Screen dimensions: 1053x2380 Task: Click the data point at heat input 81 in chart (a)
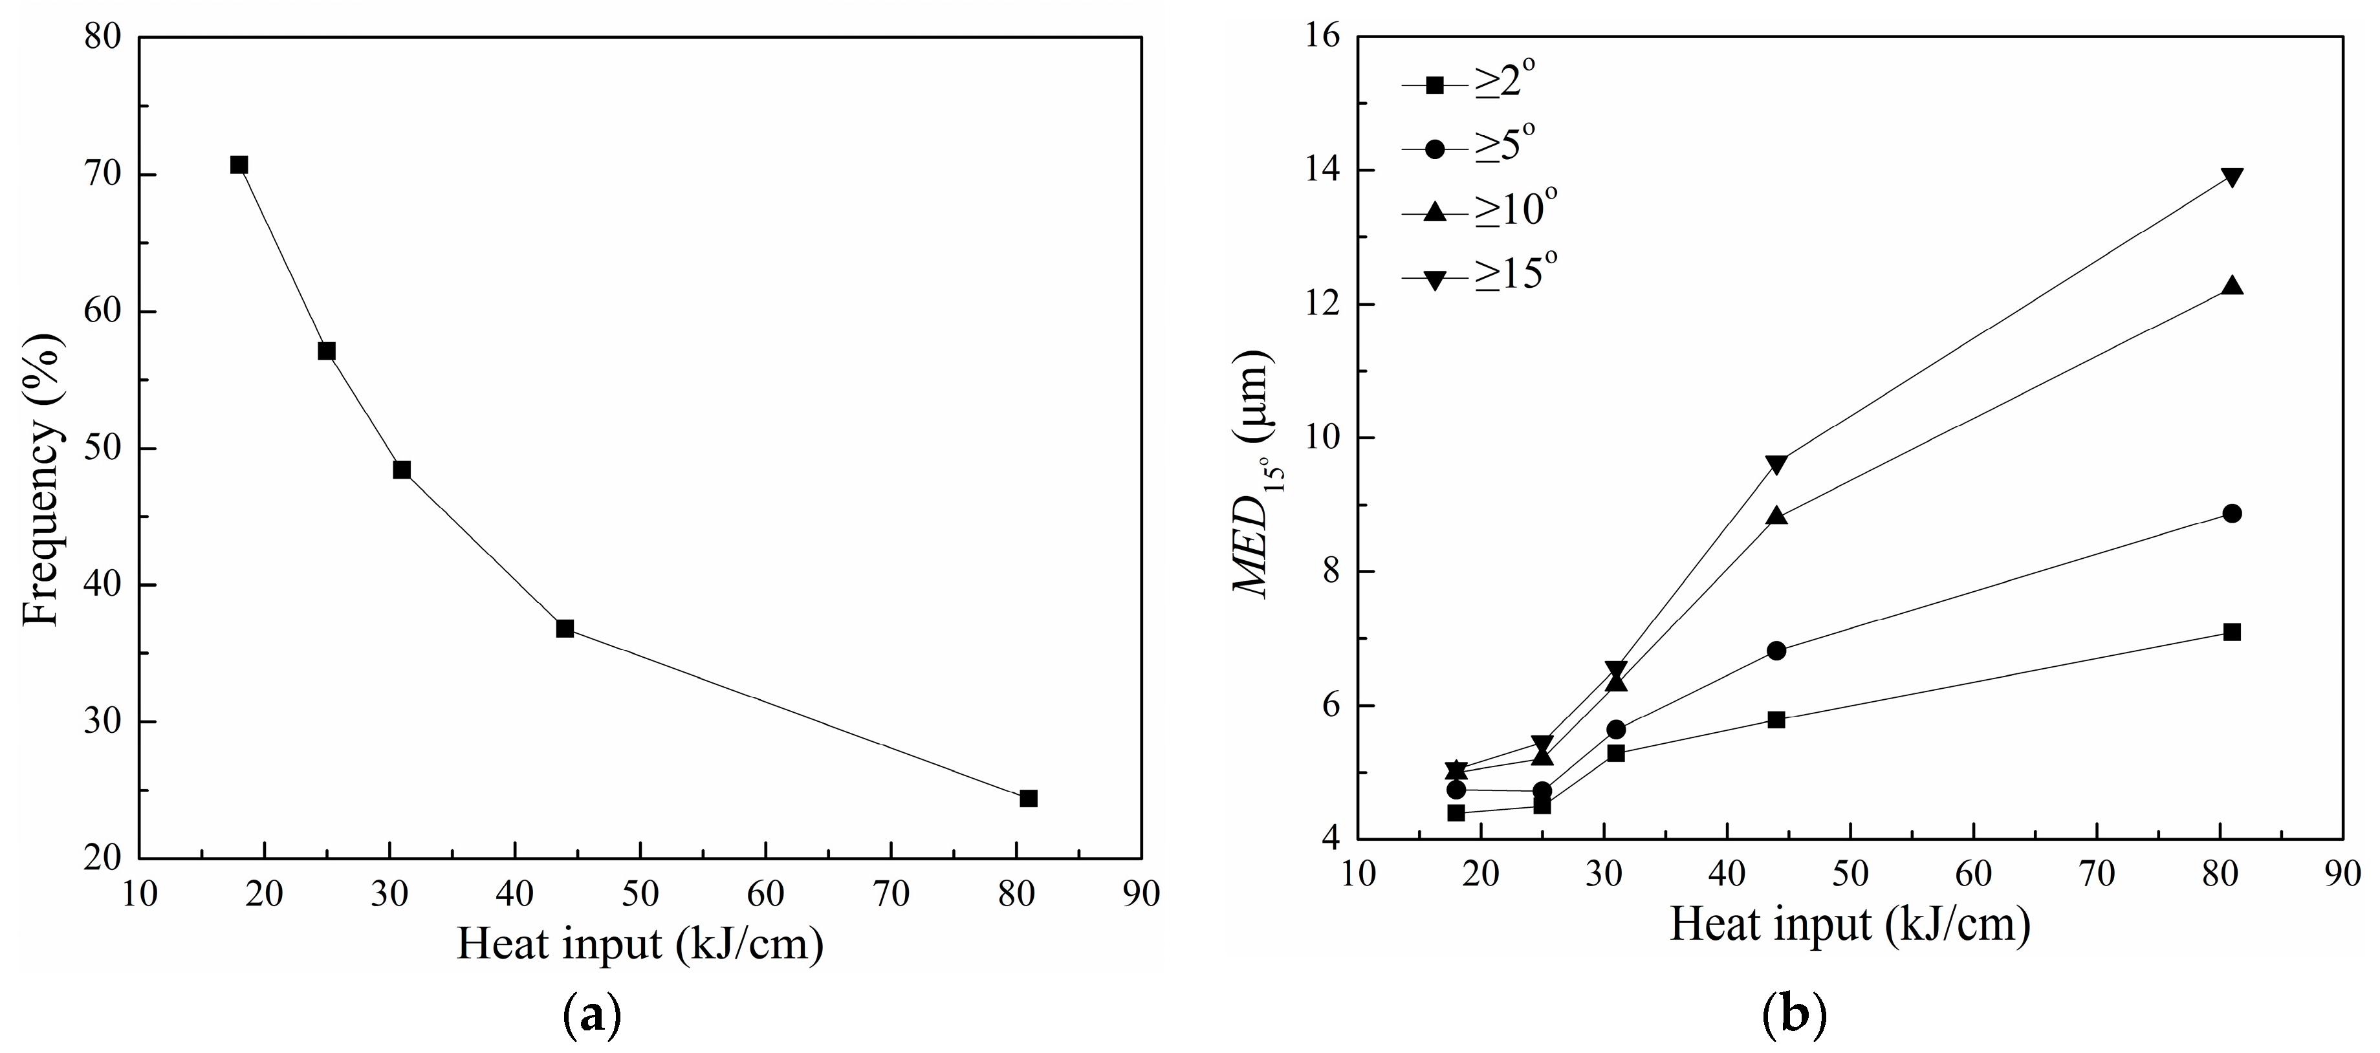(x=1029, y=798)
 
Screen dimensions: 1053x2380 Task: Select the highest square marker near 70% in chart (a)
(x=239, y=166)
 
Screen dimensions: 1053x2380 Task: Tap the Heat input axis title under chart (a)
(x=639, y=944)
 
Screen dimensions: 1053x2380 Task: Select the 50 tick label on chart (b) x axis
(x=1851, y=874)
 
